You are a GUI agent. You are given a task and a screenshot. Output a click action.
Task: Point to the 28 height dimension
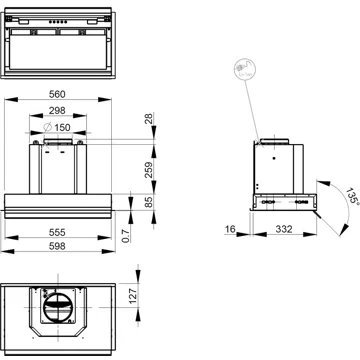pos(148,121)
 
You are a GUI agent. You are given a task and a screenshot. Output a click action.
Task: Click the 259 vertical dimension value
pos(148,170)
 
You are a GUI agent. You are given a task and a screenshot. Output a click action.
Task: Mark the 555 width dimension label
pos(70,233)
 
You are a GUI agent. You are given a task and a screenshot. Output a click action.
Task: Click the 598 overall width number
pos(70,246)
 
